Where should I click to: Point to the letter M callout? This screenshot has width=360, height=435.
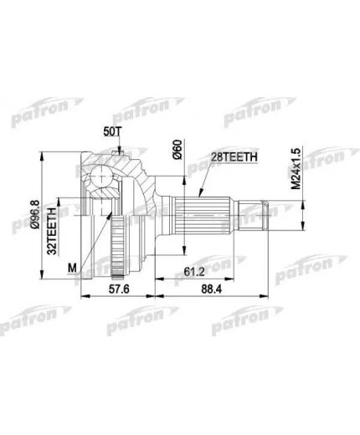coord(73,267)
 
